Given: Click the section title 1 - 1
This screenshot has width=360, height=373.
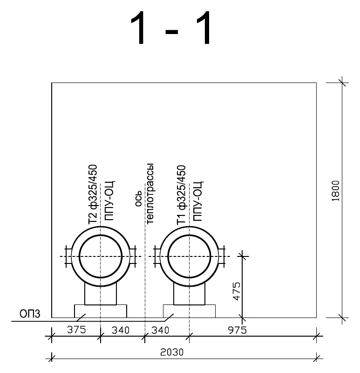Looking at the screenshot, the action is click(170, 28).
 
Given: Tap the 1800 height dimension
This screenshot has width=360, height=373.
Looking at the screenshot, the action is click(335, 191).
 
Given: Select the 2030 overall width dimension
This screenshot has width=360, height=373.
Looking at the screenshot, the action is click(172, 352).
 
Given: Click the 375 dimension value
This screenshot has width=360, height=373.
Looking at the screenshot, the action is click(76, 330).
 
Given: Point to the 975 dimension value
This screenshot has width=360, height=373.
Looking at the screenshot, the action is click(237, 330).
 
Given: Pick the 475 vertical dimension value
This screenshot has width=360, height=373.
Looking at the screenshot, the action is click(237, 291).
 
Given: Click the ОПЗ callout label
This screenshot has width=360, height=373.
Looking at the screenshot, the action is click(30, 314).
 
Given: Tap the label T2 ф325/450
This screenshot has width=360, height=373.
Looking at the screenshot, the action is click(93, 194).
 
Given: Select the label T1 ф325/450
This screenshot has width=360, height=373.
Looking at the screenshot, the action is click(181, 195).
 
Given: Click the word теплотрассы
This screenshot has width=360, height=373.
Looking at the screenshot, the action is click(150, 193).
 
